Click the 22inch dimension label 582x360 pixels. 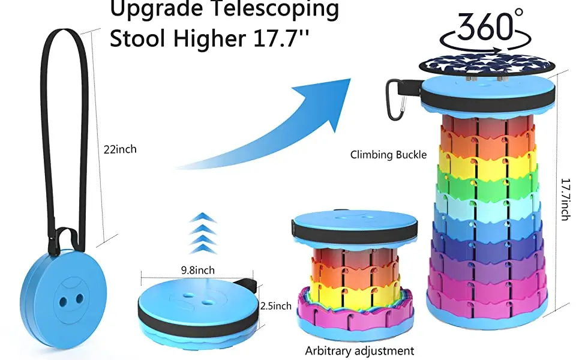[120, 149]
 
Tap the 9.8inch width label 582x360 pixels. [198, 270]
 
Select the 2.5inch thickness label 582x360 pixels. [275, 306]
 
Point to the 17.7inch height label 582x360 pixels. [565, 199]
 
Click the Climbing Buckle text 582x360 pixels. [388, 154]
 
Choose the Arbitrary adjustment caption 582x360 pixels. [359, 351]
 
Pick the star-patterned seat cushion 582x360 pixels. [487, 65]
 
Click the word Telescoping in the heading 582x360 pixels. [276, 9]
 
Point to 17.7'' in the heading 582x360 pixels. [281, 38]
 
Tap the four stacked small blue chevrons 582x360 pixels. [203, 233]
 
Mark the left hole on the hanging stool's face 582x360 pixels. [64, 301]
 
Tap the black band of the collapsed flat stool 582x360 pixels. [198, 317]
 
